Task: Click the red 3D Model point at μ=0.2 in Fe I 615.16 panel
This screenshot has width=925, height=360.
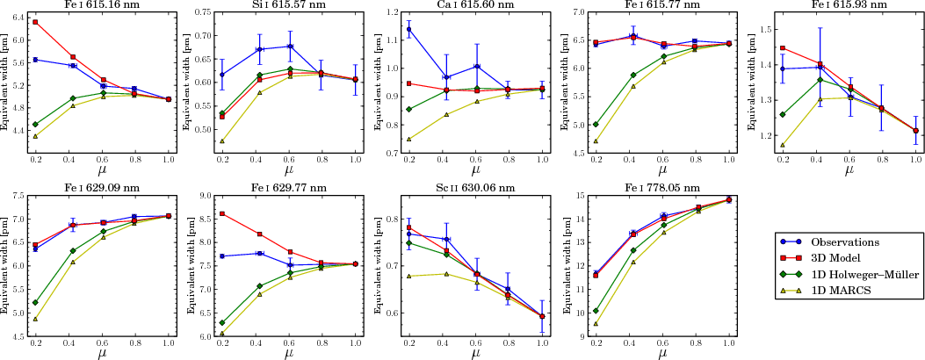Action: click(x=35, y=22)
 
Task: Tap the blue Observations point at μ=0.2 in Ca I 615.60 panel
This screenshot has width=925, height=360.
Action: click(x=409, y=29)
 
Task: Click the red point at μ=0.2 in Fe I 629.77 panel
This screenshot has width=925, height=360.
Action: click(x=222, y=213)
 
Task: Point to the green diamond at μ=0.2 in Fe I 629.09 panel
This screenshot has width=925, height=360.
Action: click(x=35, y=303)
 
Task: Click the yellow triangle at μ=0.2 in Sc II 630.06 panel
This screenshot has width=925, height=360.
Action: click(x=409, y=276)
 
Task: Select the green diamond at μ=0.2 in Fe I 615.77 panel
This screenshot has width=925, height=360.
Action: click(x=596, y=125)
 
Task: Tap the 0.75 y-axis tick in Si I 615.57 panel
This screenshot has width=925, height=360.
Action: click(x=200, y=12)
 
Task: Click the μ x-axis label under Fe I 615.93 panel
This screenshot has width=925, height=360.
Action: click(x=849, y=169)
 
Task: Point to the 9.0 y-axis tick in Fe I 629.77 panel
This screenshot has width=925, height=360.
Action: click(x=201, y=196)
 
